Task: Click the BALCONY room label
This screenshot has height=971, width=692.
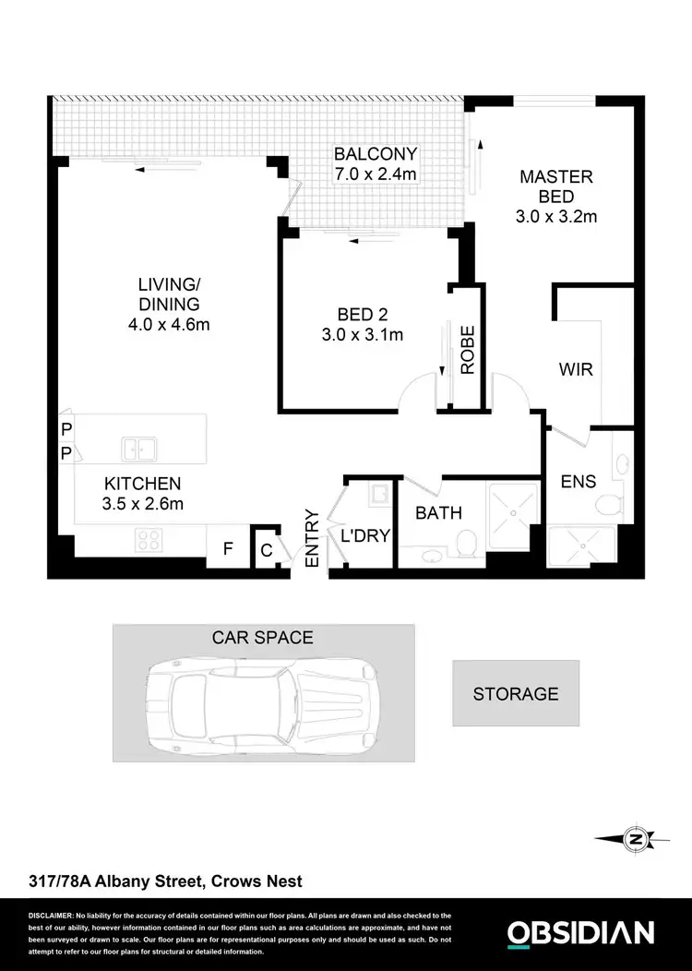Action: pos(376,154)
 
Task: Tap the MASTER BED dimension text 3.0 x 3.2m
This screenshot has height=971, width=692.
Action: pos(556,218)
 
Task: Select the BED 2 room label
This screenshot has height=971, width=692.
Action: pos(362,314)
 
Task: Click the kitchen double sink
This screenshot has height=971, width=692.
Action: pos(141,450)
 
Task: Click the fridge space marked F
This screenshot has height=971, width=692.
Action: pos(227,551)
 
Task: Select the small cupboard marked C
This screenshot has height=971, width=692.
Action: pos(266,551)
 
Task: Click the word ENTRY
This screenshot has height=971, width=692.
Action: pos(312,539)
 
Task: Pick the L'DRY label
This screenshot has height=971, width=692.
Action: pos(365,536)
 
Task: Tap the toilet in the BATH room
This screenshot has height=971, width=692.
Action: pos(468,543)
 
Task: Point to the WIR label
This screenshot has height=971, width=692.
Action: pos(576,369)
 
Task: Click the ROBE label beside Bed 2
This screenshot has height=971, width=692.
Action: pos(467,350)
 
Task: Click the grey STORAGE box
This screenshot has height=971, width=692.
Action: pos(515,693)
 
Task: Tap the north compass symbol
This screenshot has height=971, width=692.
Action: pos(634,839)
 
